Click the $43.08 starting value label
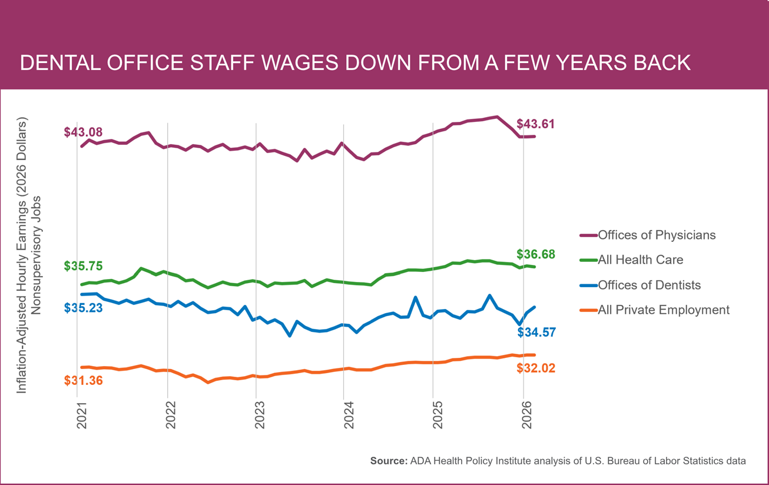83,132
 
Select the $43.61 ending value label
536,124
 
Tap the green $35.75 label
83,266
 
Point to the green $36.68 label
536,254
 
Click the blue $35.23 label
83,308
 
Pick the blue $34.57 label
536,333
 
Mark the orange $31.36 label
83,380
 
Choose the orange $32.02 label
536,368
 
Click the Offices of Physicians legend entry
657,235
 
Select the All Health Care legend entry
640,260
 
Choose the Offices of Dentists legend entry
649,285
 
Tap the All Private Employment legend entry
663,310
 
